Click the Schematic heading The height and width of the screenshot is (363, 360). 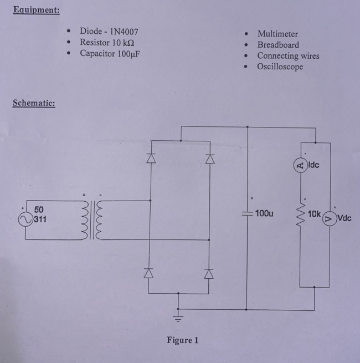[34, 104]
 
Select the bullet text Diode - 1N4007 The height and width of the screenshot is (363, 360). [109, 31]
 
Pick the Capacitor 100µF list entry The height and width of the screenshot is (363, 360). [109, 54]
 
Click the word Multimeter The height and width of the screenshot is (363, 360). [277, 34]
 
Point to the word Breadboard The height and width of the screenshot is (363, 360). [278, 45]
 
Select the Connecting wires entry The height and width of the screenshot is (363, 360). [288, 55]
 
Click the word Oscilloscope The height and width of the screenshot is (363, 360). [280, 67]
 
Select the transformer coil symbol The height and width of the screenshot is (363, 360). [92, 221]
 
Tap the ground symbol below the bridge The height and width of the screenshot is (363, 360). [178, 317]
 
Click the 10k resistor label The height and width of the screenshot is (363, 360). [314, 213]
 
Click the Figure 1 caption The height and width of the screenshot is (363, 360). [182, 340]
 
